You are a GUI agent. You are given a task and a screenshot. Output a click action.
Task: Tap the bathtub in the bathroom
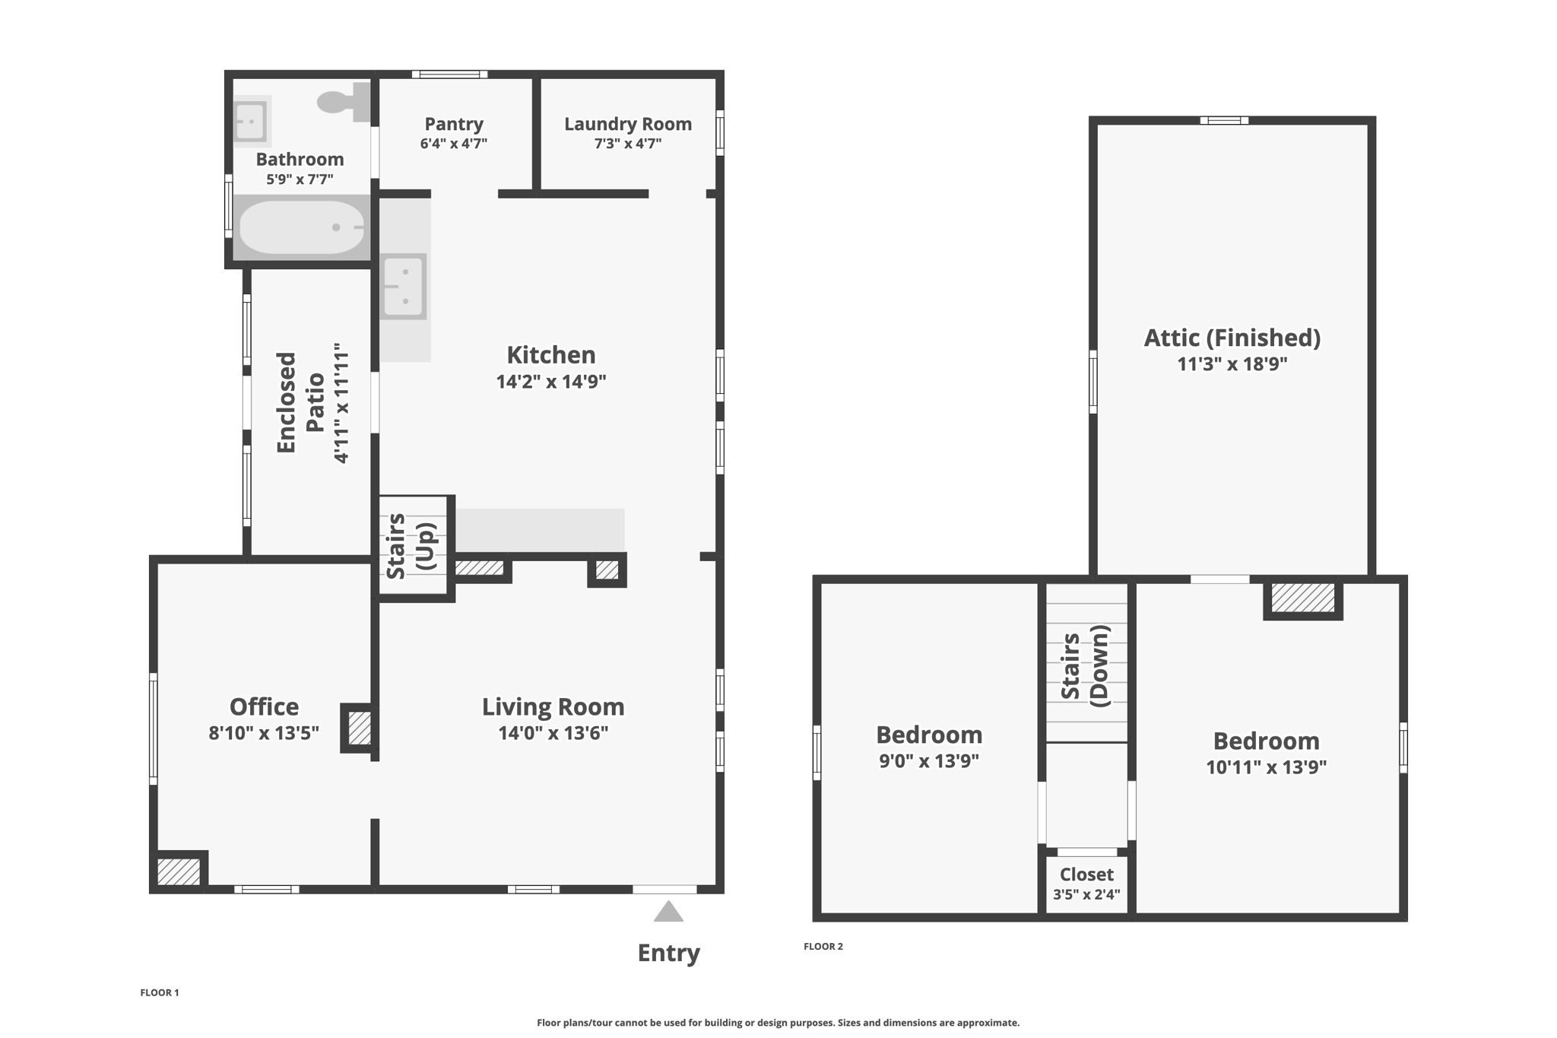[302, 227]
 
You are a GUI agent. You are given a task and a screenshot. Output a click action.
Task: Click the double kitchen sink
[404, 286]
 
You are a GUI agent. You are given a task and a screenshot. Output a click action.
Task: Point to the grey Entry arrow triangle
[668, 911]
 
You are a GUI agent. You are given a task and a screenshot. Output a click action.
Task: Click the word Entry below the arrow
[668, 953]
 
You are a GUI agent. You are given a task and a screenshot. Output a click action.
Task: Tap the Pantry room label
[454, 123]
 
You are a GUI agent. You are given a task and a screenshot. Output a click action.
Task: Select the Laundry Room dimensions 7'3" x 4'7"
[628, 143]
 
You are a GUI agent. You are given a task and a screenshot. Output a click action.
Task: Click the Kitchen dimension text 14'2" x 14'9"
[551, 381]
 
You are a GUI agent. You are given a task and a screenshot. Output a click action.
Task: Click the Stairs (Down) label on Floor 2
[1085, 666]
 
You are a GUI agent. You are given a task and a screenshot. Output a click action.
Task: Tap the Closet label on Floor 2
[1086, 875]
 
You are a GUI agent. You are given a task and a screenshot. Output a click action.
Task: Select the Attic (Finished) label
[1232, 338]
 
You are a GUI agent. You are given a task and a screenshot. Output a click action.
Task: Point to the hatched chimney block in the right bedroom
[1303, 598]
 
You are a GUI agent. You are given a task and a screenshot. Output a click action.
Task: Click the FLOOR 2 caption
[823, 946]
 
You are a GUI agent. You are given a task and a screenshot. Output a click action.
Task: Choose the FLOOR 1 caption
[160, 992]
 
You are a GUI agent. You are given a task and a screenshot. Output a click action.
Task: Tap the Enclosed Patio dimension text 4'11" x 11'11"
[341, 403]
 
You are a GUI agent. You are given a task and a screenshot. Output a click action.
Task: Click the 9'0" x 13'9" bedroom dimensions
[929, 760]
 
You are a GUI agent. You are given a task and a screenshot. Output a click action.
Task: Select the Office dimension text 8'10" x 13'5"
[264, 732]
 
